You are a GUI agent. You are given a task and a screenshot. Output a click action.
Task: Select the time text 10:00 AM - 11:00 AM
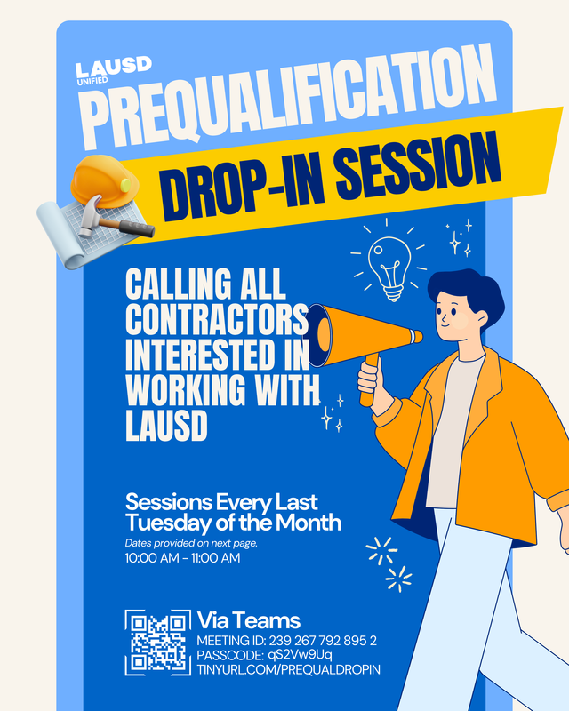click(182, 558)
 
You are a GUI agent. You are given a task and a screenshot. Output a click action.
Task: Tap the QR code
click(157, 643)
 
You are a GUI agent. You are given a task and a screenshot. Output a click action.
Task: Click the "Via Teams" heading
click(248, 620)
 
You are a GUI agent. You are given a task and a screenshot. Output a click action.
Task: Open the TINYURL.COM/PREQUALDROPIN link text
click(288, 669)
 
